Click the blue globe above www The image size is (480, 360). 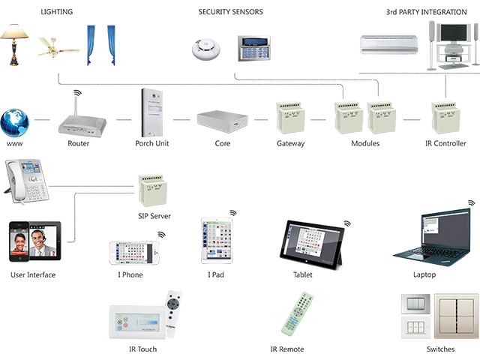15,121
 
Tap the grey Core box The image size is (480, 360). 222,119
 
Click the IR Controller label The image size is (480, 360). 446,143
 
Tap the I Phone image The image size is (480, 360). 134,253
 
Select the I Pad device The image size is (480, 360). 217,241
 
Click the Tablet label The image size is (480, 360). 302,275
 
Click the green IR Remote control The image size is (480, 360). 297,313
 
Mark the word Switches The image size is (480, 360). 440,349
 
